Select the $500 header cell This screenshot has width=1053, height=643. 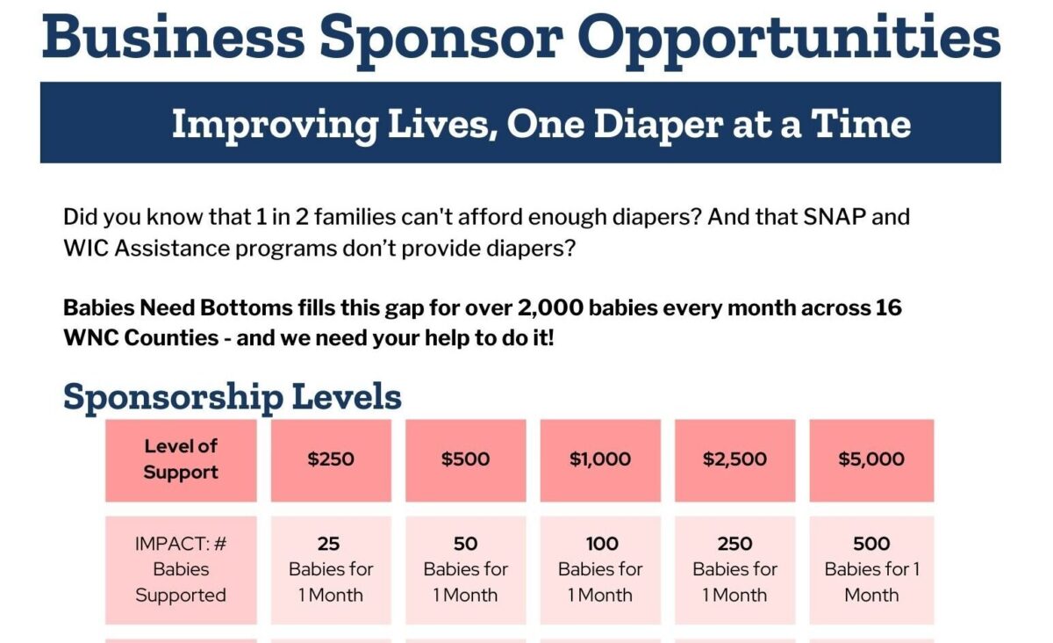pyautogui.click(x=465, y=459)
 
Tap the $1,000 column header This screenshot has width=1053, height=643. pyautogui.click(x=600, y=459)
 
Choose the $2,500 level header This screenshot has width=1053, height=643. pyautogui.click(x=734, y=459)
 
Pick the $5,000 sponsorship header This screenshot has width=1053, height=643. pyautogui.click(x=871, y=459)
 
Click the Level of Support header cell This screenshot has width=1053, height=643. pyautogui.click(x=181, y=459)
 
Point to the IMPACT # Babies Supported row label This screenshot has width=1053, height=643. pyautogui.click(x=181, y=569)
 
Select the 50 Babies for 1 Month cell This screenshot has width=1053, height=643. pyautogui.click(x=465, y=569)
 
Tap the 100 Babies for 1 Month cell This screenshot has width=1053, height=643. pyautogui.click(x=600, y=569)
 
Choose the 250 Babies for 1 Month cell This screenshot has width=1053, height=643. pyautogui.click(x=734, y=569)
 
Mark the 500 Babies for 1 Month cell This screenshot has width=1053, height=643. pyautogui.click(x=871, y=569)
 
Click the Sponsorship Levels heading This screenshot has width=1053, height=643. pyautogui.click(x=233, y=397)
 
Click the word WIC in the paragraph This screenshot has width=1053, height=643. pyautogui.click(x=83, y=248)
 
